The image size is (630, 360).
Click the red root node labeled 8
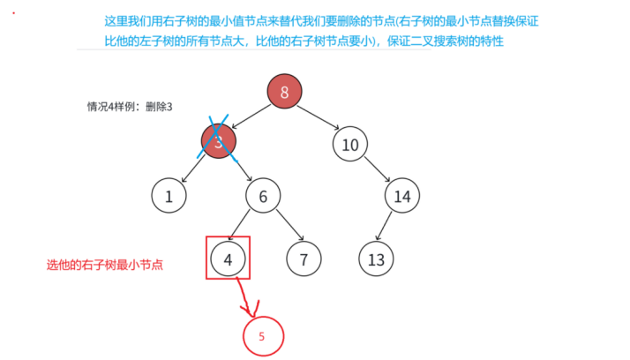pos(284,92)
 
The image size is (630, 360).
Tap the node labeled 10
pos(350,145)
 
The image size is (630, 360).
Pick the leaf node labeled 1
pos(169,196)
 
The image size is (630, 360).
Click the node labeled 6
pos(263,196)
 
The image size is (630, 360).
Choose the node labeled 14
pos(402,196)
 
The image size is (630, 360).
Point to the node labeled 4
pos(228,259)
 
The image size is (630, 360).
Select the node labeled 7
pos(304,259)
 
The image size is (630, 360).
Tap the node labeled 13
pos(377,259)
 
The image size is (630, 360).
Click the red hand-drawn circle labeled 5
pos(262,336)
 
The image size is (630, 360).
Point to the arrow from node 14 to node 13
pos(389,228)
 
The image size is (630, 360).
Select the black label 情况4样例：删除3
pos(130,107)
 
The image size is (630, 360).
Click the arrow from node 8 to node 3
pos(252,116)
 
